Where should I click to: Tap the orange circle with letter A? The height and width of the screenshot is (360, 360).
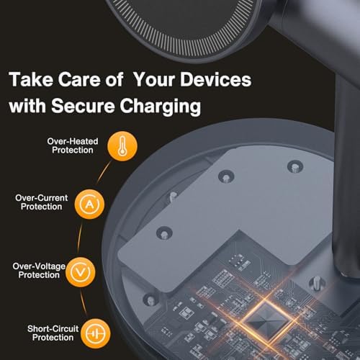point(88,204)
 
